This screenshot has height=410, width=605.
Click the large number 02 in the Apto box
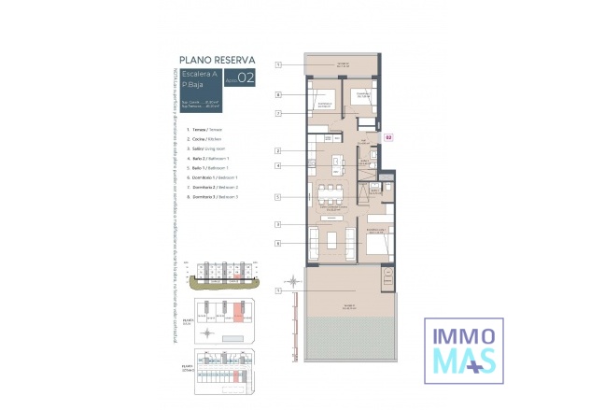point(246,79)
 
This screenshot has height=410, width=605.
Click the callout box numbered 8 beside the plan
point(278,95)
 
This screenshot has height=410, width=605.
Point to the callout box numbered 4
point(278,166)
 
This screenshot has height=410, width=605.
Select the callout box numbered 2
point(278,150)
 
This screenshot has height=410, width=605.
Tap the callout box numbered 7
point(278,114)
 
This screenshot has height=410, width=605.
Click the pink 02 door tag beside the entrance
point(388,137)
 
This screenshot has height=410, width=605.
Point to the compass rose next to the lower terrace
point(294,280)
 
